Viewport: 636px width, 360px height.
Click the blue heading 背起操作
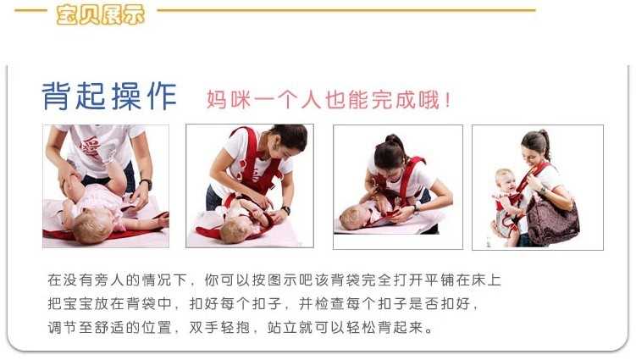pos(109,96)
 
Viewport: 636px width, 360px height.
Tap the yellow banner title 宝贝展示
pos(100,14)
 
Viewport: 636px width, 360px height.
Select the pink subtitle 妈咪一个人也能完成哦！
pos(329,99)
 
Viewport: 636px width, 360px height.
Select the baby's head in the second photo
pos(239,226)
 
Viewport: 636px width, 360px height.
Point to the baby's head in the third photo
pos(351,218)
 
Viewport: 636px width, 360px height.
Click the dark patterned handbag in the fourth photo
pos(551,221)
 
